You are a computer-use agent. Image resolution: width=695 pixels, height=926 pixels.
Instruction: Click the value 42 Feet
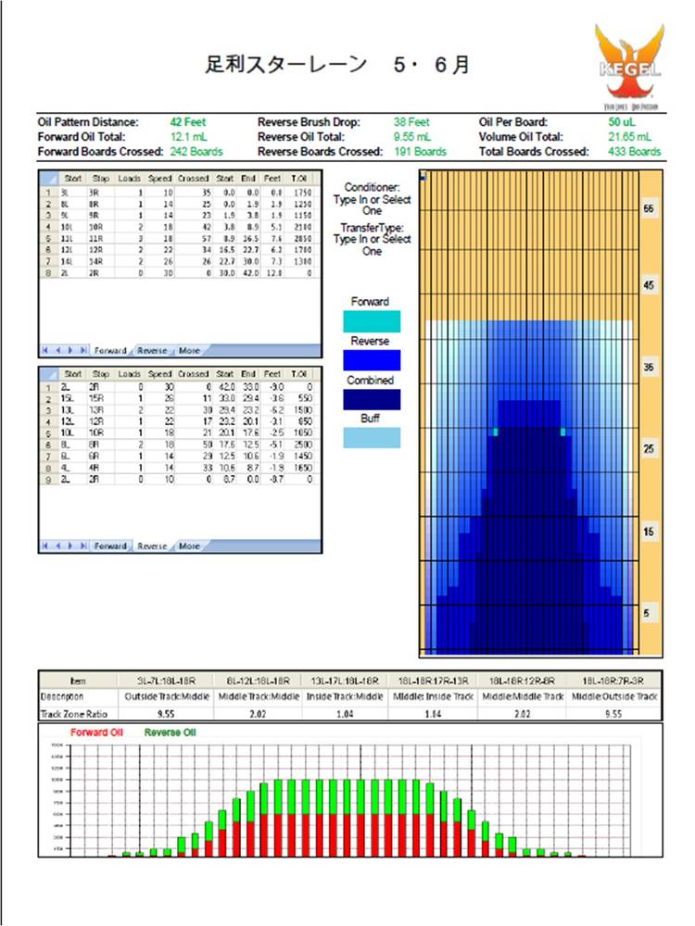point(187,121)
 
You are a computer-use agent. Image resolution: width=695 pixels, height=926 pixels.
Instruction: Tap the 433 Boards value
point(635,151)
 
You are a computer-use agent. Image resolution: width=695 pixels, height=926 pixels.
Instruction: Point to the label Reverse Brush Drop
point(309,121)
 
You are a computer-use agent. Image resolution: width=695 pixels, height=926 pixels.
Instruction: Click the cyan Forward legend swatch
point(372,321)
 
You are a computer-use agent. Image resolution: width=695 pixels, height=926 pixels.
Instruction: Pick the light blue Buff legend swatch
point(372,438)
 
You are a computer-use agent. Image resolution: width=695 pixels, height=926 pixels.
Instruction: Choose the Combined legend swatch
point(372,399)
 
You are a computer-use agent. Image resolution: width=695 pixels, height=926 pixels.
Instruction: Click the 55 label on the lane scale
point(649,210)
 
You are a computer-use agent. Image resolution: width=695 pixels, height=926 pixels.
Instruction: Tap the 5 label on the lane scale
point(649,612)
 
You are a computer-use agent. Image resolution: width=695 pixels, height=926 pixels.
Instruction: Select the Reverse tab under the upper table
point(152,351)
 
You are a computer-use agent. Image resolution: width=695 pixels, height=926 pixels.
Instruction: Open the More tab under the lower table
point(189,546)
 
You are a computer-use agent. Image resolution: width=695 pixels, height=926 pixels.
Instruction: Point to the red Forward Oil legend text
point(97,732)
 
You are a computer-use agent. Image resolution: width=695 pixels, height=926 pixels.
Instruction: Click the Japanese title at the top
point(337,65)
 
